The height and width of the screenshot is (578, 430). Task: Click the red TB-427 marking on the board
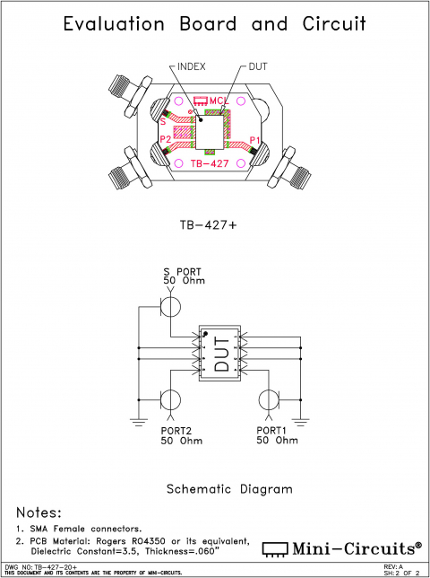click(213, 164)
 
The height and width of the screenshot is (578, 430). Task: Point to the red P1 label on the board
click(254, 140)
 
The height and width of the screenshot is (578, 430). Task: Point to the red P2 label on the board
click(166, 140)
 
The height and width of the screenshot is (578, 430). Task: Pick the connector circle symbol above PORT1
click(270, 399)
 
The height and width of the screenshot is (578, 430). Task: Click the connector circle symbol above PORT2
click(170, 399)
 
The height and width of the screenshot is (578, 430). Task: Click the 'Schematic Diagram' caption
click(229, 489)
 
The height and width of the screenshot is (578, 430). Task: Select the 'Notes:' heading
click(39, 512)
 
